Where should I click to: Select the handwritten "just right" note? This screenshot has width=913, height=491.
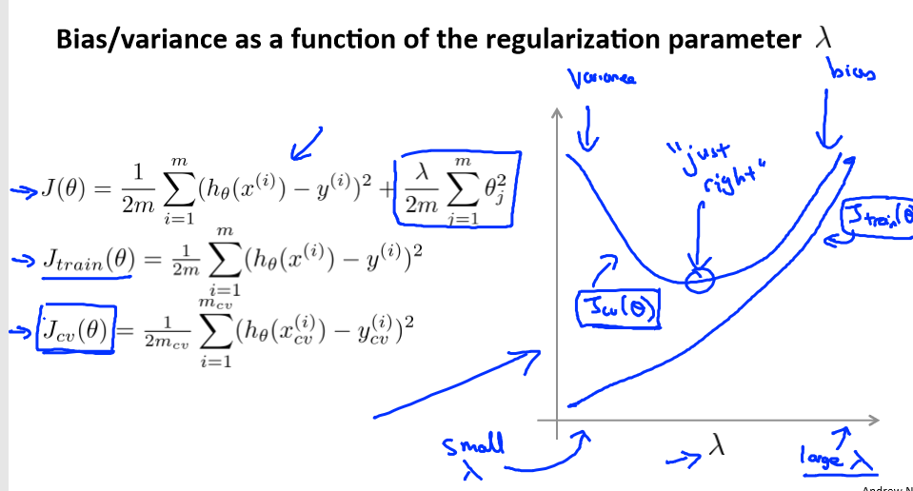710,166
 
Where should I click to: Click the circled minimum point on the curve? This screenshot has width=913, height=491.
702,277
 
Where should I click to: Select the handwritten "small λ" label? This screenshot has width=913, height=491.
473,454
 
